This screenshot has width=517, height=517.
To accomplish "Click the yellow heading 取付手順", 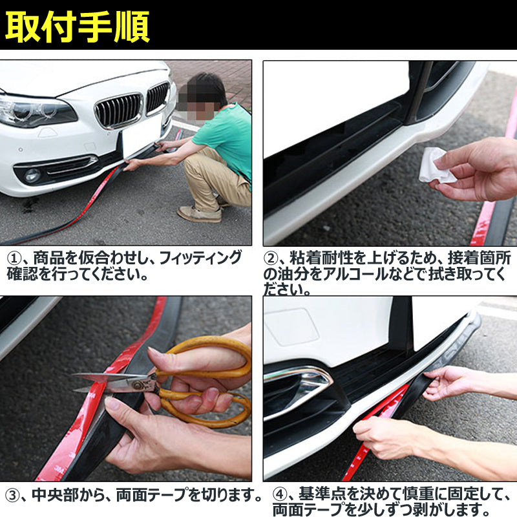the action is click(x=78, y=27).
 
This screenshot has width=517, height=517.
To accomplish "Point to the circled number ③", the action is click(x=12, y=496).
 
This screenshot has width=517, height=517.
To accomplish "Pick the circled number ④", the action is click(x=280, y=496).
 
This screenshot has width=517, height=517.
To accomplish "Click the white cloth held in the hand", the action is click(x=437, y=165).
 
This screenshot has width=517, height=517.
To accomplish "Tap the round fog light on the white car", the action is click(x=32, y=175).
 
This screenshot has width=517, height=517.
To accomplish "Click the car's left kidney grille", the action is click(x=119, y=111).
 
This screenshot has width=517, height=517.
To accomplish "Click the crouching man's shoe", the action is click(x=200, y=214).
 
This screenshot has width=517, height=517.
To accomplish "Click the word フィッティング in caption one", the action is click(x=200, y=258).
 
